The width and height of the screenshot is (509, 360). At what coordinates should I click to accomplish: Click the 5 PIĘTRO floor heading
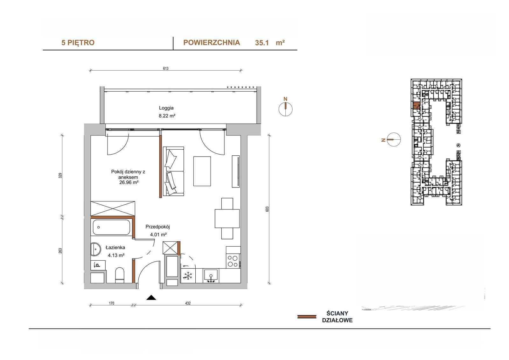tap(78, 43)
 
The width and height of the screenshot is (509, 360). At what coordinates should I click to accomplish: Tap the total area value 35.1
tap(262, 43)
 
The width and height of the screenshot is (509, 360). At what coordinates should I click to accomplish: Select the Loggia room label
tap(166, 108)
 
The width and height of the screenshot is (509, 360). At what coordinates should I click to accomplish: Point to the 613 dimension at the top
tap(166, 68)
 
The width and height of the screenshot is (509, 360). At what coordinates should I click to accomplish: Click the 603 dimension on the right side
tap(267, 209)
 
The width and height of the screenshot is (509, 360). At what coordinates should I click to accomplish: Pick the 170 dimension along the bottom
tap(111, 303)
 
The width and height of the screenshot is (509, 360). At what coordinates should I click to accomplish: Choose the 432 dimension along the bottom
tap(188, 303)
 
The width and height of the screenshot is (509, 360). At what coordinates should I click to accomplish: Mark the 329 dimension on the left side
tap(60, 176)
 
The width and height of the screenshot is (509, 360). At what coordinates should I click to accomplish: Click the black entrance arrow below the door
tap(151, 298)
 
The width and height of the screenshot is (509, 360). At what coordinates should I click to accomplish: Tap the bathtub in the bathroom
tap(111, 227)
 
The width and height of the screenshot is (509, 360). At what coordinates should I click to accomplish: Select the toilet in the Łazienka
tap(120, 275)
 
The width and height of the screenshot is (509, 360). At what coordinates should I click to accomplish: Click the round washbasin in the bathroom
tap(96, 249)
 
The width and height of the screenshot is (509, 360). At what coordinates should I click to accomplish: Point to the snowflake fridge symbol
tap(188, 276)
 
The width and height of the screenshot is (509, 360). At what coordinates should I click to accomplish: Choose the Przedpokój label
tap(158, 227)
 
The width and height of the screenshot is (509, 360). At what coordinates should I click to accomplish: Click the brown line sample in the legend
tap(307, 317)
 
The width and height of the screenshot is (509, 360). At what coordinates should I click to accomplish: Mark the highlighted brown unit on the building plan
tap(416, 106)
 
